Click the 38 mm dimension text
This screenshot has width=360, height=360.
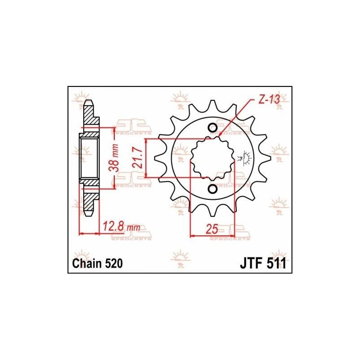click(x=114, y=158)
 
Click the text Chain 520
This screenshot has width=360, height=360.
click(x=97, y=264)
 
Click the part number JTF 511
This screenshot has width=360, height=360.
click(x=263, y=264)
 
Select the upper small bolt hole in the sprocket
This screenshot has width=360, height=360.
click(x=212, y=128)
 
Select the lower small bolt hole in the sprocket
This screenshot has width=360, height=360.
click(x=212, y=189)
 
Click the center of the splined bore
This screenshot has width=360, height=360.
click(x=213, y=158)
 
